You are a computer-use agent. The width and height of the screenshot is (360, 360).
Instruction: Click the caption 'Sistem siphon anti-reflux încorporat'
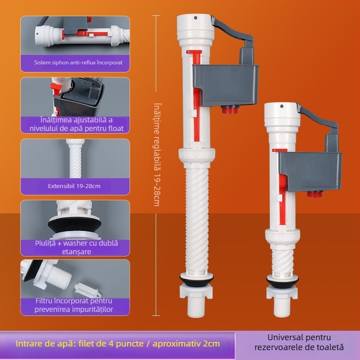coord(78,63)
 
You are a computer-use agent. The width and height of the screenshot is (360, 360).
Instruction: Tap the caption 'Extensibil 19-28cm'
coord(74,186)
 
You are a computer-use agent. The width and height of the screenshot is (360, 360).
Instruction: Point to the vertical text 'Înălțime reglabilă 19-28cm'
coord(157,154)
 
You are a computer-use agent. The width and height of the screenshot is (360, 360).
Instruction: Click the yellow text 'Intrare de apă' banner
coord(117,344)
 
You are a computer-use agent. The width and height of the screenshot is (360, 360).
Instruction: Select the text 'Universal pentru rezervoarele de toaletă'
coord(299,342)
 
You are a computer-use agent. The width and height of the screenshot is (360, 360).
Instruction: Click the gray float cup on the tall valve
coord(225,85)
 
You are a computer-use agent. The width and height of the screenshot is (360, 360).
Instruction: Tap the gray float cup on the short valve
coord(310,171)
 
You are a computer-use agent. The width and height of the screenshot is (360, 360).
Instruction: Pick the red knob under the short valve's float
coord(315,194)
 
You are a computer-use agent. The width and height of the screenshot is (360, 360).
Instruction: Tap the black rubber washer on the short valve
coord(283,283)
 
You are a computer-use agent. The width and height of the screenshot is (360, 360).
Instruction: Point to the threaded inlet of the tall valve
coord(196,308)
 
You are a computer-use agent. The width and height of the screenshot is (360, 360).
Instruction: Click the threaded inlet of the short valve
coord(282,308)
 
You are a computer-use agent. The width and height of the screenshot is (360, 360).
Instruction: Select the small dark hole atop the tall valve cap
coord(195,18)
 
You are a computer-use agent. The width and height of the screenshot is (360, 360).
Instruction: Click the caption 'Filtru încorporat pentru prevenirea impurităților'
coord(74,305)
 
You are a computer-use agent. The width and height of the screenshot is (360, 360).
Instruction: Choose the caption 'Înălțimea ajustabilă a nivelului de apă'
coord(76,124)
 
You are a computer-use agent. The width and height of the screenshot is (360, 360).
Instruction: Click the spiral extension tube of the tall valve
coord(197,220)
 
